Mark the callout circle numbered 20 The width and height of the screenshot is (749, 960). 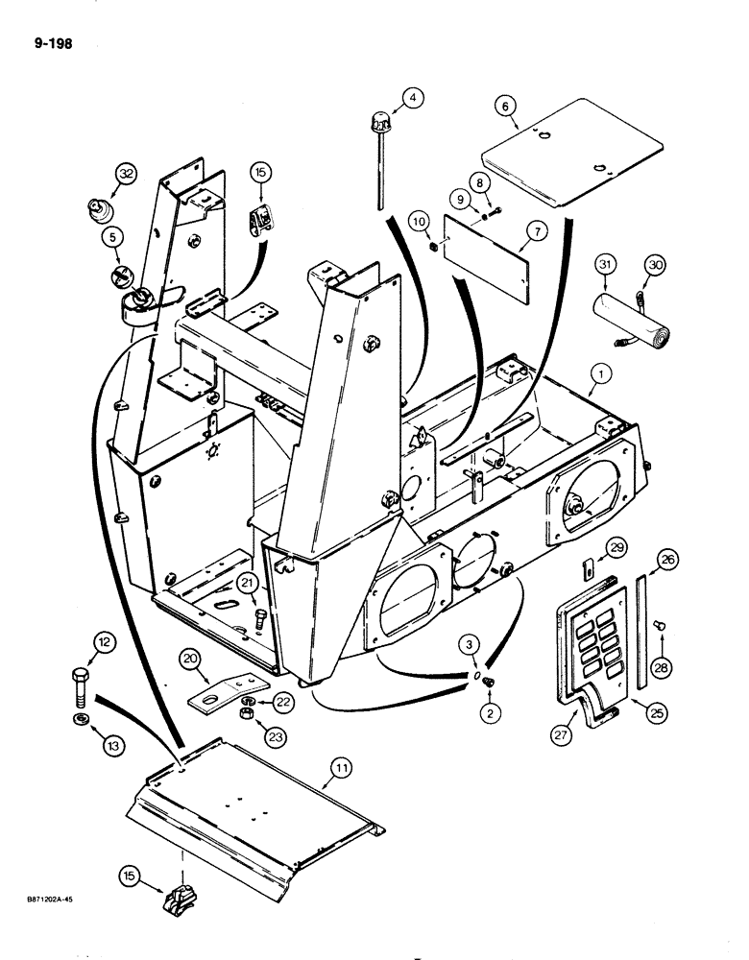[190, 659]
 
